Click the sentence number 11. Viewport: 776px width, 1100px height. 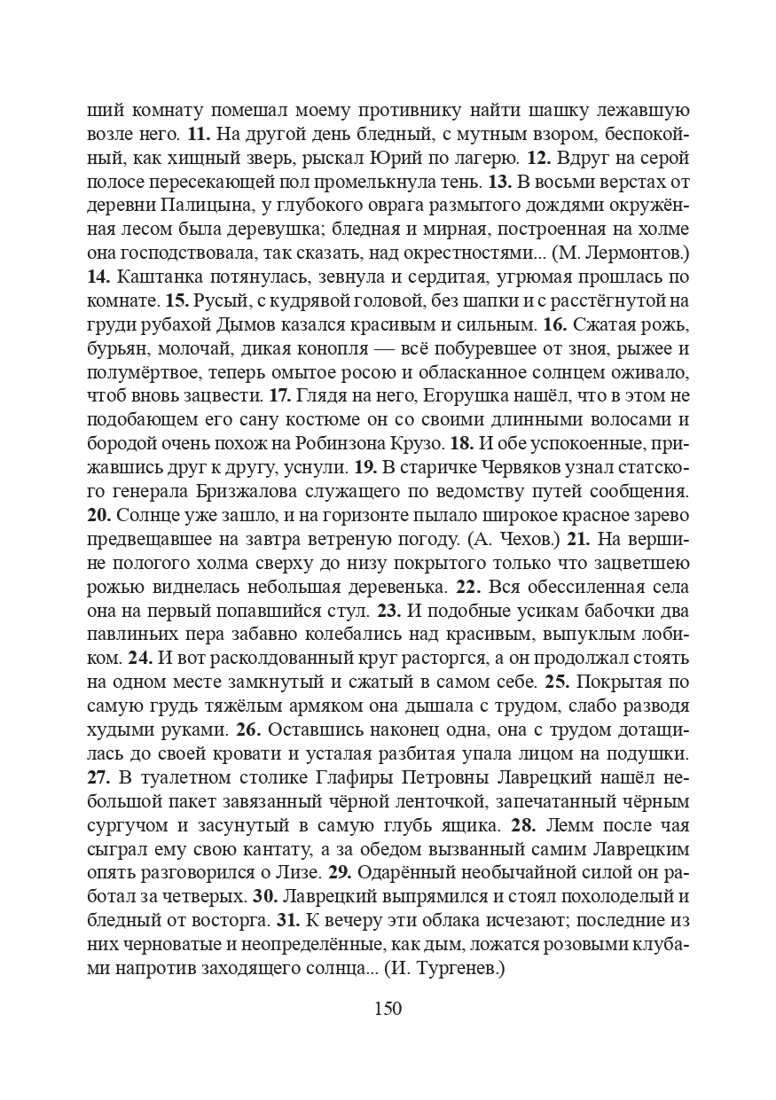click(x=197, y=136)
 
